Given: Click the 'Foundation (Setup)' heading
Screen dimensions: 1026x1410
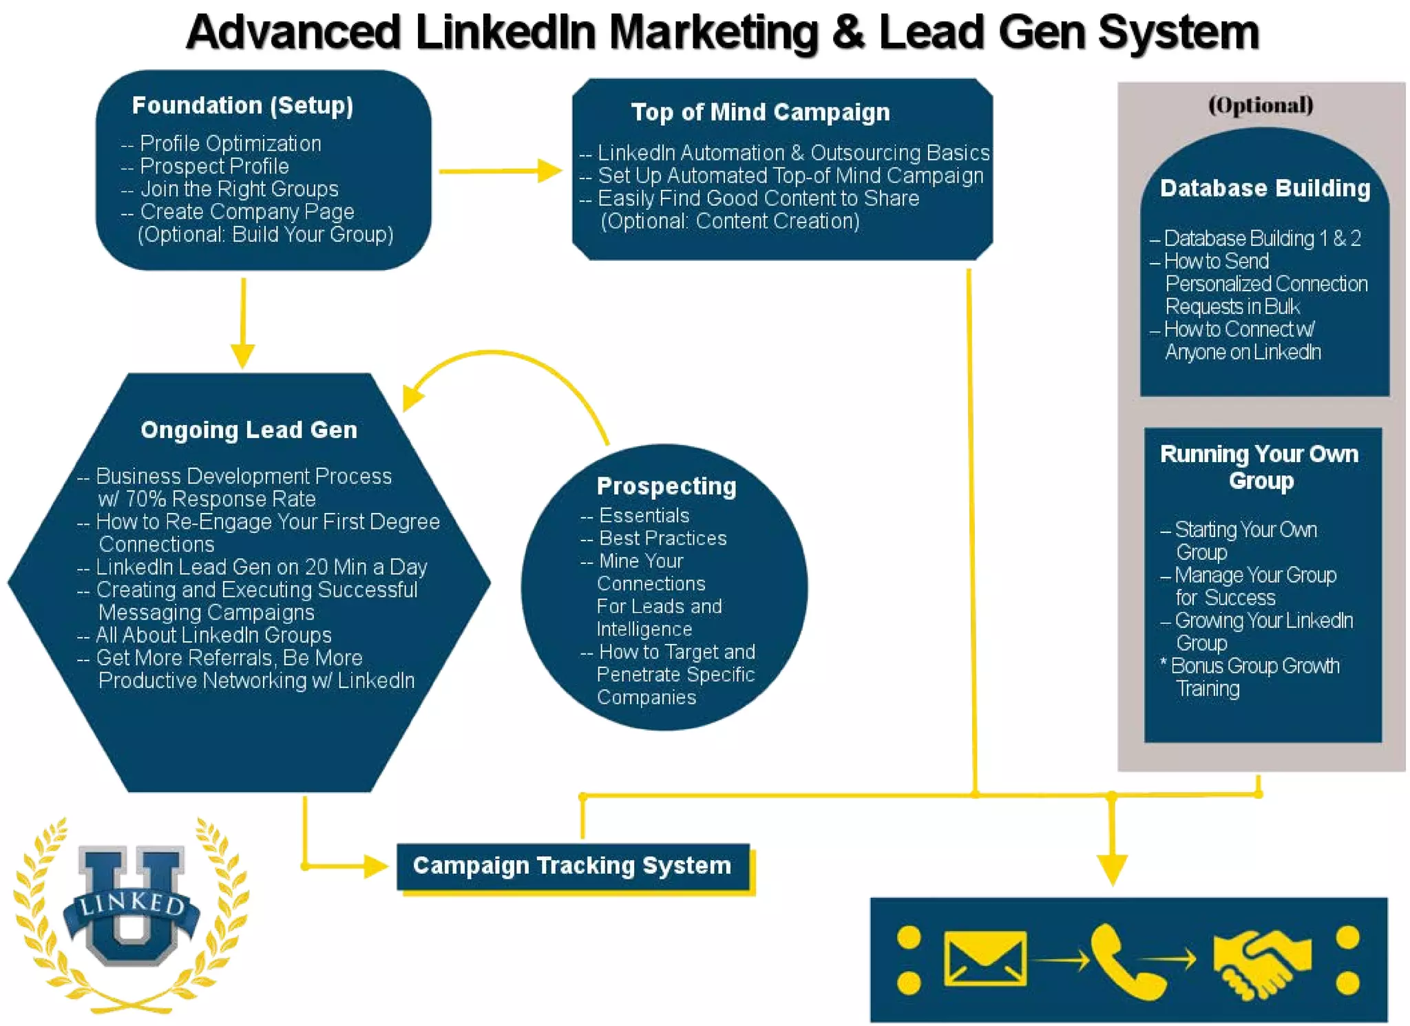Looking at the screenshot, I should (x=242, y=105).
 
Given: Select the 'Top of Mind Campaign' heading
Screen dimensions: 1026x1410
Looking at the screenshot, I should (x=760, y=112).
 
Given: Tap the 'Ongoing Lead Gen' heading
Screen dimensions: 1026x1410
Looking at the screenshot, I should (x=249, y=430).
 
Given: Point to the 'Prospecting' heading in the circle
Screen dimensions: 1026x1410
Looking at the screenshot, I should (x=666, y=485).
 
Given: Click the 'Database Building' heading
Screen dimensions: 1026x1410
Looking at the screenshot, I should (x=1265, y=188).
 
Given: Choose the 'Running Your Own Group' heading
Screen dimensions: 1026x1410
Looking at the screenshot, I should (x=1259, y=467).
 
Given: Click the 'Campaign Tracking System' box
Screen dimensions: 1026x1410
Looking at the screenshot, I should (x=572, y=866).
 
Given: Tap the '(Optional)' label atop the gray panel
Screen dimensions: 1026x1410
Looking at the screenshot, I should (x=1261, y=105).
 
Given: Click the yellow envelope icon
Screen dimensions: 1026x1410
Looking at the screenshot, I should (x=985, y=958).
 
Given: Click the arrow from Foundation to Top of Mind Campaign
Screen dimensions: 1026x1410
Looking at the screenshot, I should (x=500, y=171).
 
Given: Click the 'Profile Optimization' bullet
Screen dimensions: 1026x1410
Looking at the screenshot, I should (x=230, y=143).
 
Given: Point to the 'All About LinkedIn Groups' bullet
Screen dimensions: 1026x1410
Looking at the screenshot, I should (x=213, y=634).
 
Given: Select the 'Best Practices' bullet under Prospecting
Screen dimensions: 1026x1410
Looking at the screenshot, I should (x=662, y=538).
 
